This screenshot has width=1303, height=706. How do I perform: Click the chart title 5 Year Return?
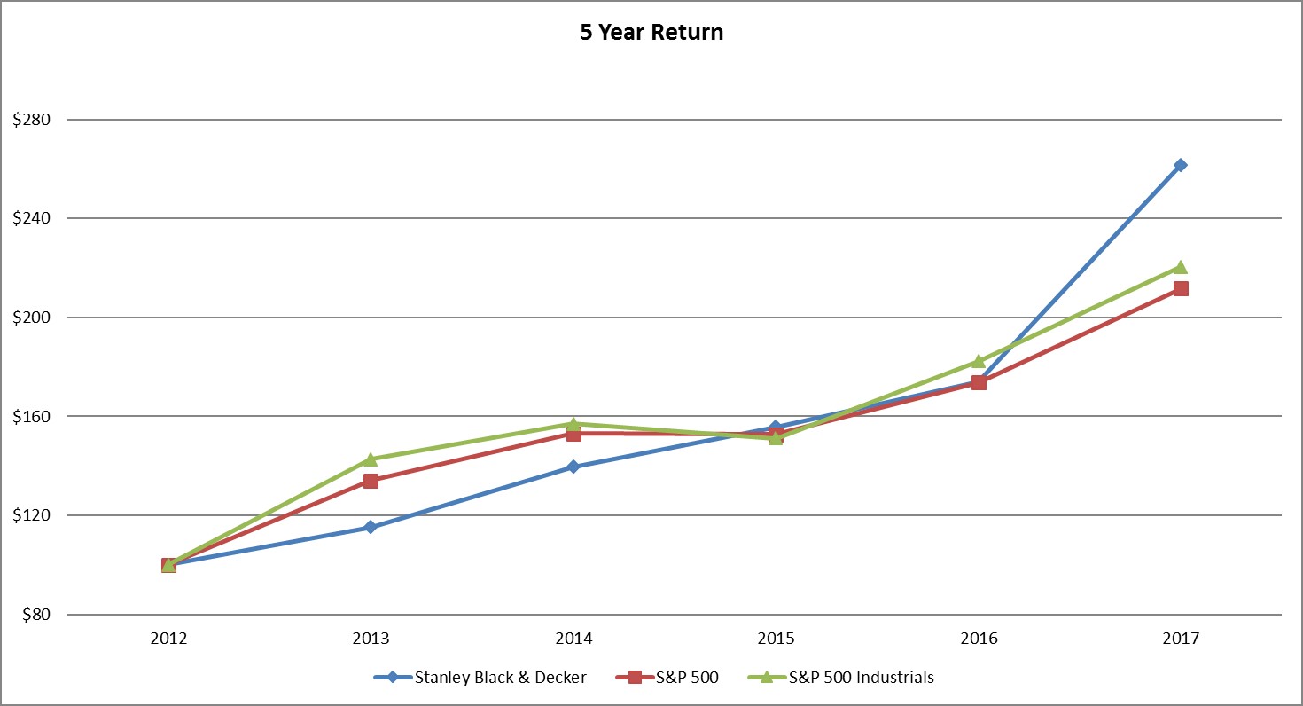click(651, 33)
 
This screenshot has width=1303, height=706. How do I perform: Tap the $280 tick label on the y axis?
click(32, 120)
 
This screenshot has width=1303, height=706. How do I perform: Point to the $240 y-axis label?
click(32, 218)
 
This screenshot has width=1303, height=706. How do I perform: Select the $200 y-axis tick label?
click(32, 318)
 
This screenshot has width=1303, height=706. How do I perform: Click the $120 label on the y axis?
click(32, 515)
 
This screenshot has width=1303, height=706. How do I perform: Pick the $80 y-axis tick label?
click(35, 615)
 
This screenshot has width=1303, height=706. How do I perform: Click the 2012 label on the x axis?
click(168, 638)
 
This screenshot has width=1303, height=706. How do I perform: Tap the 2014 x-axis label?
click(573, 638)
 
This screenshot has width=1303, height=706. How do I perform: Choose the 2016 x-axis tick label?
click(979, 638)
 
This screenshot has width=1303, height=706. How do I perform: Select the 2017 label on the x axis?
click(1181, 638)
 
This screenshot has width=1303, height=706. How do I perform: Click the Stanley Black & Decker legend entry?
click(500, 678)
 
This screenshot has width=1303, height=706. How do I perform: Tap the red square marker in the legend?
click(635, 678)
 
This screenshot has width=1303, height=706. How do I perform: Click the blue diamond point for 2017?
click(1181, 165)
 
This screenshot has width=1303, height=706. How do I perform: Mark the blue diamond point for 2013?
click(371, 528)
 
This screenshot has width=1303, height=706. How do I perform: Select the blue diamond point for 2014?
click(573, 467)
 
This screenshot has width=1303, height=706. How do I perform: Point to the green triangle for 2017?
click(1181, 267)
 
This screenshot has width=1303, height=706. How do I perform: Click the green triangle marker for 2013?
click(371, 459)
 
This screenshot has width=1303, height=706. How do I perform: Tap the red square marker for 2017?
click(1181, 288)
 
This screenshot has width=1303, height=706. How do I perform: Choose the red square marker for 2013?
click(371, 481)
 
